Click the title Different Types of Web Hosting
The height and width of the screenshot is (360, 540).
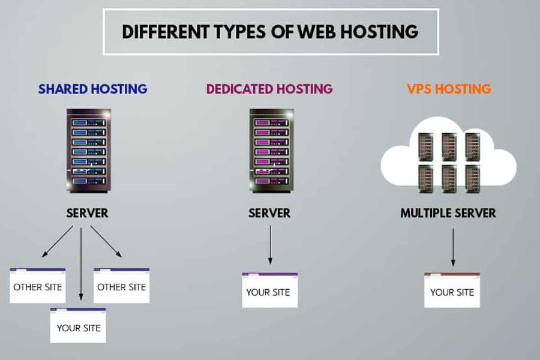pyautogui.click(x=270, y=31)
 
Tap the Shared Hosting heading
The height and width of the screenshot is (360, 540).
pyautogui.click(x=92, y=89)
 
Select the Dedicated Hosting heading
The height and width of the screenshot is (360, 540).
pyautogui.click(x=269, y=89)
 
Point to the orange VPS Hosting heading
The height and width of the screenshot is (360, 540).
pyautogui.click(x=449, y=89)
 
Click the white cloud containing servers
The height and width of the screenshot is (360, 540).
pyautogui.click(x=449, y=157)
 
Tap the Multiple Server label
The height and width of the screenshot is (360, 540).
pyautogui.click(x=448, y=213)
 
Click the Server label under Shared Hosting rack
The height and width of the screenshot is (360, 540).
pyautogui.click(x=88, y=213)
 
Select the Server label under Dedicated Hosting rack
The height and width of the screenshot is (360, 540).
pyautogui.click(x=269, y=213)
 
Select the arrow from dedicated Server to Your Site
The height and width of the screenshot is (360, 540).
pyautogui.click(x=270, y=244)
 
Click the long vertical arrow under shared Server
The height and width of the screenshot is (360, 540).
pyautogui.click(x=81, y=264)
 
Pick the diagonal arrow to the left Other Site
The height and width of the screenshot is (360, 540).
pyautogui.click(x=57, y=242)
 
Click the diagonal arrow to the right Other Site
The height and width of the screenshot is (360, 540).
pyautogui.click(x=106, y=242)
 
